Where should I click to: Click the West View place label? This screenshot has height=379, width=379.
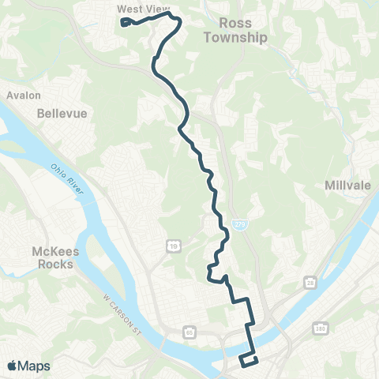[137, 9]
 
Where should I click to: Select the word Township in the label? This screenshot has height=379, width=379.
[235, 37]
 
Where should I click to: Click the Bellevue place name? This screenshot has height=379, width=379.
[61, 114]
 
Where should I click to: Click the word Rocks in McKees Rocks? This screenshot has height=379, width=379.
[56, 265]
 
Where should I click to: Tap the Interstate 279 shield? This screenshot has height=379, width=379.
[238, 224]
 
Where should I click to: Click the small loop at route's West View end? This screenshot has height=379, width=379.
[126, 21]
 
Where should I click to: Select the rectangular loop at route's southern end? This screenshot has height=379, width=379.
[248, 360]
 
